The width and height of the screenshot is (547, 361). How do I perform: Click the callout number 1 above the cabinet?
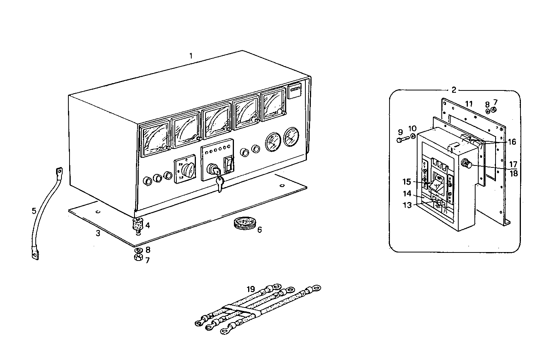click(x=191, y=56)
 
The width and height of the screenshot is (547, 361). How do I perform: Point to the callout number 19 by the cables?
click(x=251, y=288)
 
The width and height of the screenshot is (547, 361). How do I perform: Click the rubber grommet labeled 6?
click(x=244, y=224)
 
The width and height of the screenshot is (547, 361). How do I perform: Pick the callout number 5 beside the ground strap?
click(x=34, y=211)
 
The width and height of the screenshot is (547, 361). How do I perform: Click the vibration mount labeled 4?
click(x=138, y=224)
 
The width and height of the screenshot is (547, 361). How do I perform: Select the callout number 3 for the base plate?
click(x=98, y=233)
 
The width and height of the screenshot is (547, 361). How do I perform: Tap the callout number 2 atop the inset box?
click(x=454, y=90)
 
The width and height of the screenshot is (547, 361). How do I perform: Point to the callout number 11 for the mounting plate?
click(x=468, y=104)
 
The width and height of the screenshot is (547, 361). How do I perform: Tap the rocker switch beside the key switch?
click(x=229, y=165)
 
